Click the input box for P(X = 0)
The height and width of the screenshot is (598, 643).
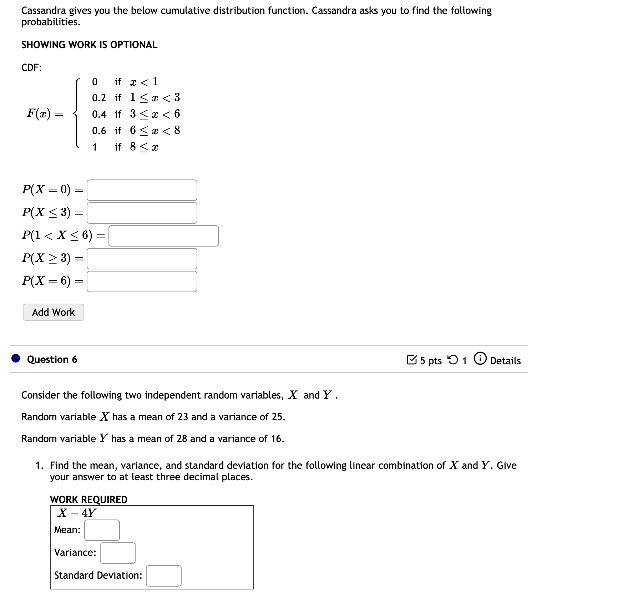coord(142,190)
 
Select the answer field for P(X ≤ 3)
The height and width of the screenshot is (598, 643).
coord(142,213)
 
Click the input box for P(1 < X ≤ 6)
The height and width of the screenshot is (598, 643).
coord(163,236)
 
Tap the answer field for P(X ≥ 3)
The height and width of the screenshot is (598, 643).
coord(142,259)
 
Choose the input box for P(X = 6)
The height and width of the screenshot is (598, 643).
coord(142,282)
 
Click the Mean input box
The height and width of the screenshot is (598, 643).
coord(102,530)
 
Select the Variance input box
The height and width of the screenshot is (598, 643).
coord(117,553)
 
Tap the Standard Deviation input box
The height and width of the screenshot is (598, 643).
coord(163,576)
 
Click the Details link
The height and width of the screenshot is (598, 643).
coord(505,361)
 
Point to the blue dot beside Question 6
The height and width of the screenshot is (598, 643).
coord(16,358)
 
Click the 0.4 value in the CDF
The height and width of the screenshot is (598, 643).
coord(99,115)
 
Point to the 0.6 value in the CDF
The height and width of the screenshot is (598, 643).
coord(99,131)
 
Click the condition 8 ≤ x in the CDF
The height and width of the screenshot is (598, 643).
coord(144,147)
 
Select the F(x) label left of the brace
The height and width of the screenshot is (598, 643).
coord(39,114)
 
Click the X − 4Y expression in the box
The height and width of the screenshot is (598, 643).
coord(77,513)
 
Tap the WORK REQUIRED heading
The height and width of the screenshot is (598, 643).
coord(88,499)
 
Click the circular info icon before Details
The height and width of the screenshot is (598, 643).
coord(480,359)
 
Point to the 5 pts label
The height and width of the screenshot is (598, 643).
coord(430,361)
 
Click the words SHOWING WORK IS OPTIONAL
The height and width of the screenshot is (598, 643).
coord(89,45)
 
